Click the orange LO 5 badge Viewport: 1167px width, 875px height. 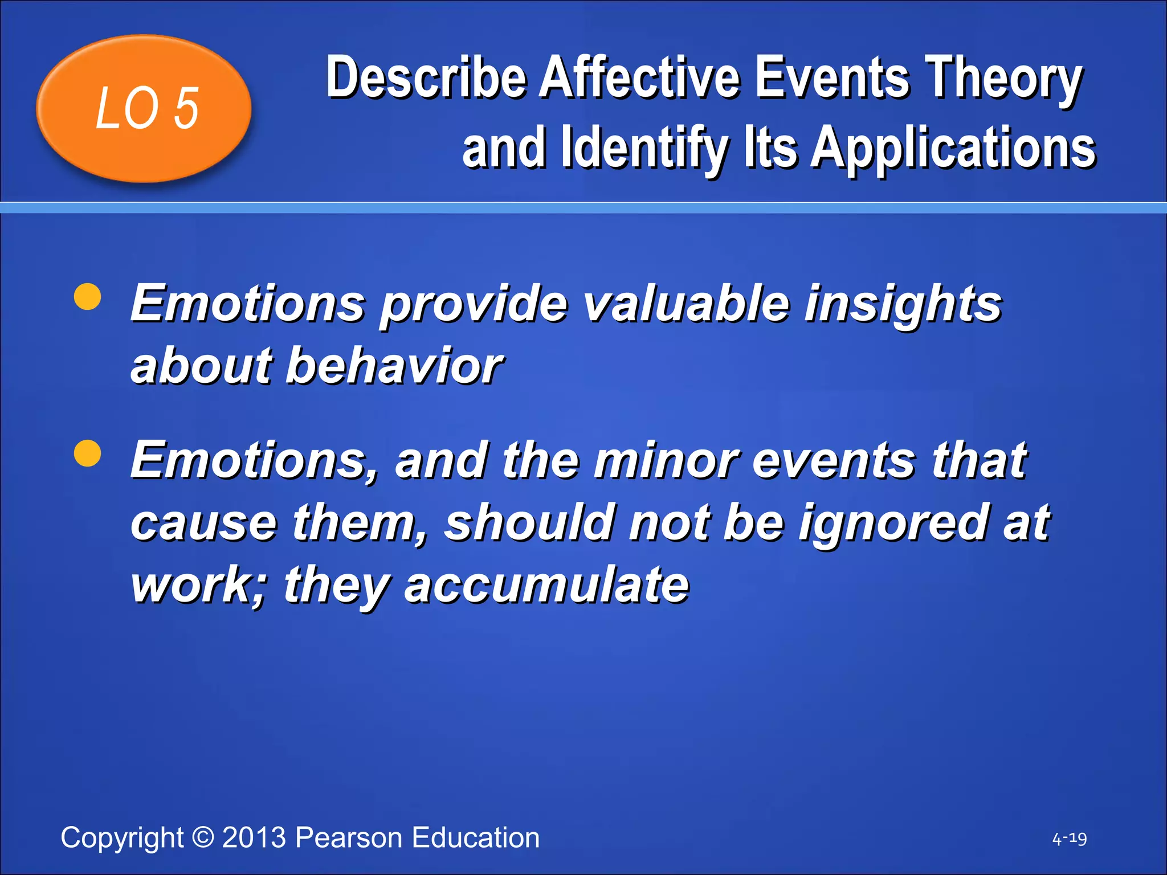pyautogui.click(x=144, y=108)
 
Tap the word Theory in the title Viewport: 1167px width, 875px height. pyautogui.click(x=1003, y=78)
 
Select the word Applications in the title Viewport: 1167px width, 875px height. pyautogui.click(x=953, y=148)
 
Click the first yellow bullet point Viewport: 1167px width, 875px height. pyautogui.click(x=88, y=297)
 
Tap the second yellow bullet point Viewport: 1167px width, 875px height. pyautogui.click(x=88, y=453)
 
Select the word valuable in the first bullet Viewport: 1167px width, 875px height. pyautogui.click(x=687, y=304)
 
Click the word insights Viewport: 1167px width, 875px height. pyautogui.click(x=903, y=304)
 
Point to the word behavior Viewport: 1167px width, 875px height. pyautogui.click(x=393, y=366)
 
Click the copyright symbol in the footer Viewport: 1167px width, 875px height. pyautogui.click(x=203, y=837)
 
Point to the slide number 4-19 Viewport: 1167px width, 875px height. pyautogui.click(x=1069, y=839)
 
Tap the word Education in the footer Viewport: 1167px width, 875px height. pyautogui.click(x=475, y=837)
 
